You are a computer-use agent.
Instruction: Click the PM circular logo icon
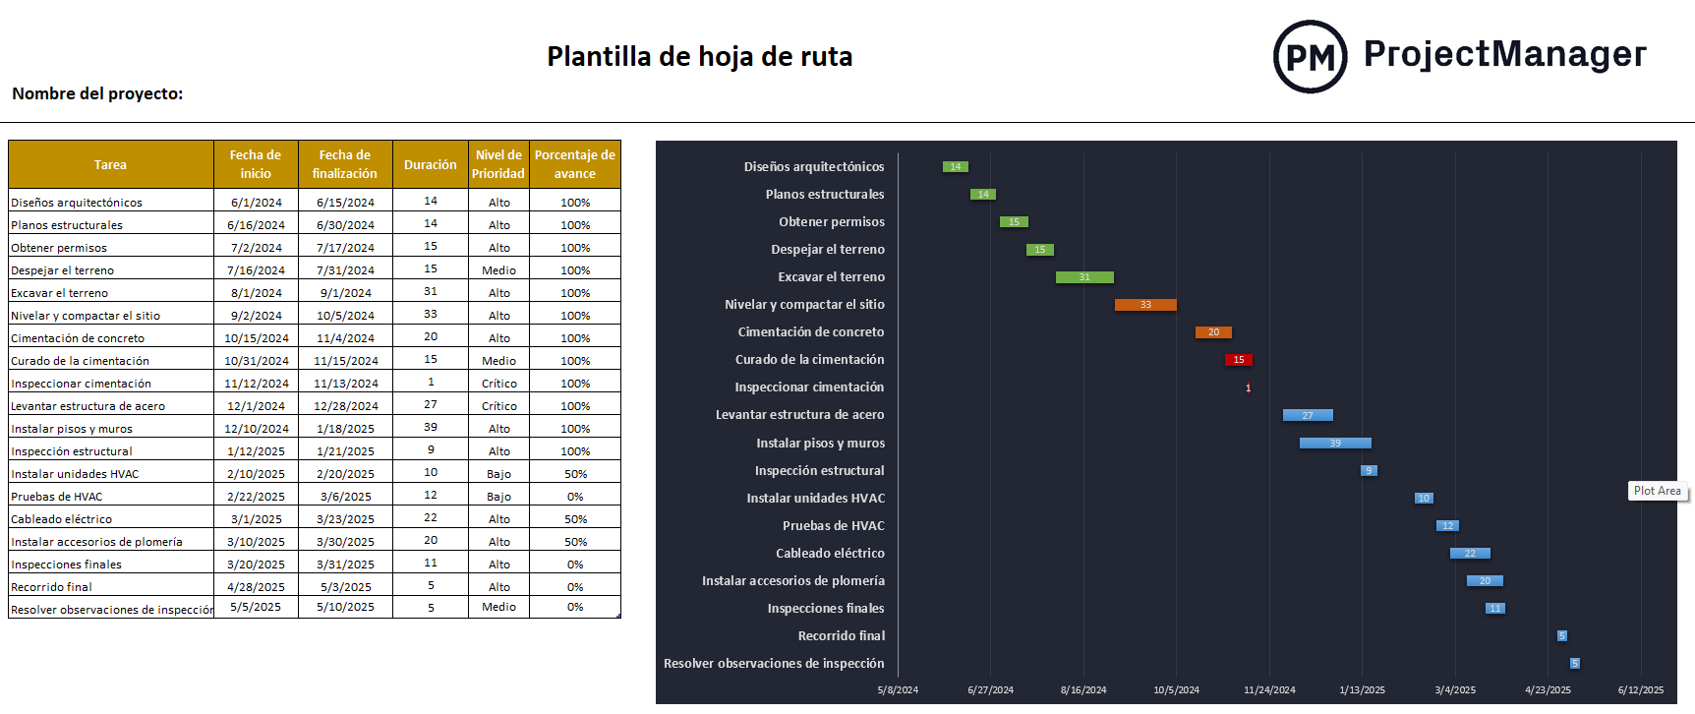1310,57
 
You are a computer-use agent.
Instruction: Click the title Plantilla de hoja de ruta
699,57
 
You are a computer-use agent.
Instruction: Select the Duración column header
430,165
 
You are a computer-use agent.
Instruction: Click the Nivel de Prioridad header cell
498,165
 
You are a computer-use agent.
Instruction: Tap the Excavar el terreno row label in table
60,293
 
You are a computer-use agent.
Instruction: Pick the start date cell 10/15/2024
257,338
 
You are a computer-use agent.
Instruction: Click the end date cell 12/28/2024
345,406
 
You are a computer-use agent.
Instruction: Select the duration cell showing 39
431,428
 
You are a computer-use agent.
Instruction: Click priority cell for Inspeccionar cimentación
498,384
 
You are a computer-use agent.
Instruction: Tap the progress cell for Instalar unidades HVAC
575,474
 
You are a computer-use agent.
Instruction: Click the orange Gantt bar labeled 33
1145,305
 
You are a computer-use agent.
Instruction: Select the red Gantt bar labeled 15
1238,360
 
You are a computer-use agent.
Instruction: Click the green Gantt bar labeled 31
1084,277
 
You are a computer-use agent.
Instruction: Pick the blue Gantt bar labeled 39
1334,444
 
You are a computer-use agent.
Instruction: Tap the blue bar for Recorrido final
1561,636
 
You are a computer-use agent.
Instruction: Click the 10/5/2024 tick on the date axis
1176,689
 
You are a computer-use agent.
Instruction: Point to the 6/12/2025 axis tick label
1641,689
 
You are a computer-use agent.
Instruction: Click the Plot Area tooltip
1657,491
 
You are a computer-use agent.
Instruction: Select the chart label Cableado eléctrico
830,554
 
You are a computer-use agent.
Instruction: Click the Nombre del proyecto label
97,94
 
